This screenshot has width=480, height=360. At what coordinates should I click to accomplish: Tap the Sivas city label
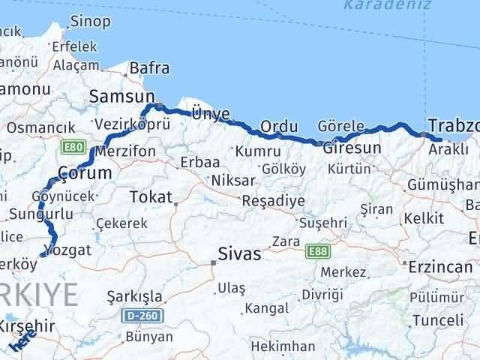[239, 254]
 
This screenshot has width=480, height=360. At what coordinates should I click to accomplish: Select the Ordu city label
[279, 125]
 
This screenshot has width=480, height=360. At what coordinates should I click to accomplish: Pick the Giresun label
[352, 147]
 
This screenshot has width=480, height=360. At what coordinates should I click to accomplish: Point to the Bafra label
[149, 69]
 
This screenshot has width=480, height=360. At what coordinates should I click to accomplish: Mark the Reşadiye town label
[273, 201]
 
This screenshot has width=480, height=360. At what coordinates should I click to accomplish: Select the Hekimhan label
[283, 346]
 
